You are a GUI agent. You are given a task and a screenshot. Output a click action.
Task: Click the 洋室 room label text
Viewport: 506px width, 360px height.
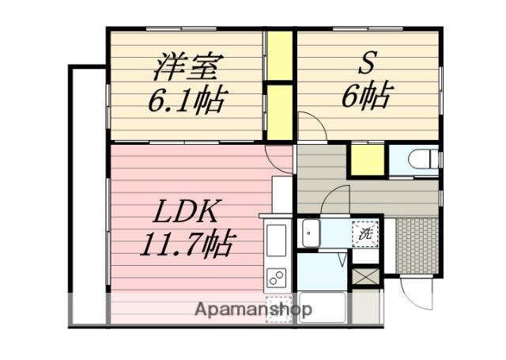[184, 69]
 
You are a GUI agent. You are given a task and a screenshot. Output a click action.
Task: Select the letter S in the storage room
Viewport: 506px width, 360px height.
[367, 65]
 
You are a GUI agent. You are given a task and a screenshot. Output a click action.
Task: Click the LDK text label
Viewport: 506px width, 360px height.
[187, 211]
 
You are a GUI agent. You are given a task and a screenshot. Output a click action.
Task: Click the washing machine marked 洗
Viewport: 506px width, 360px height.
[365, 233]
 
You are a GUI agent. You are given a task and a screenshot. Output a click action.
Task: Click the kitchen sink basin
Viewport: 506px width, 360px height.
[277, 241]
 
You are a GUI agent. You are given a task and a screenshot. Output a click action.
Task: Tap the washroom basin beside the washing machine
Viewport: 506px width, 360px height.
[311, 233]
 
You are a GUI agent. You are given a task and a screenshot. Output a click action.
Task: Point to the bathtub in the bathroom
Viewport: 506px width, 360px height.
[323, 307]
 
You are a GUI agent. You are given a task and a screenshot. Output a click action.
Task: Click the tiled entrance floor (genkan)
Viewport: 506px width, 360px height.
[417, 246]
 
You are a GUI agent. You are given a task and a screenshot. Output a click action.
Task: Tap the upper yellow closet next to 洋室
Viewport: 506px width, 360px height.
[280, 56]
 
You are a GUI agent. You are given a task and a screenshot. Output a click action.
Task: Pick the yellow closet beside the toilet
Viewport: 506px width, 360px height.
[368, 160]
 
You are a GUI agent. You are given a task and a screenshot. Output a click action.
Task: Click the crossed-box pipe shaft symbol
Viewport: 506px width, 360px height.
[365, 276]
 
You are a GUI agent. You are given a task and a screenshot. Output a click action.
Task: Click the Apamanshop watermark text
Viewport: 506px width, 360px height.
[253, 309]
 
